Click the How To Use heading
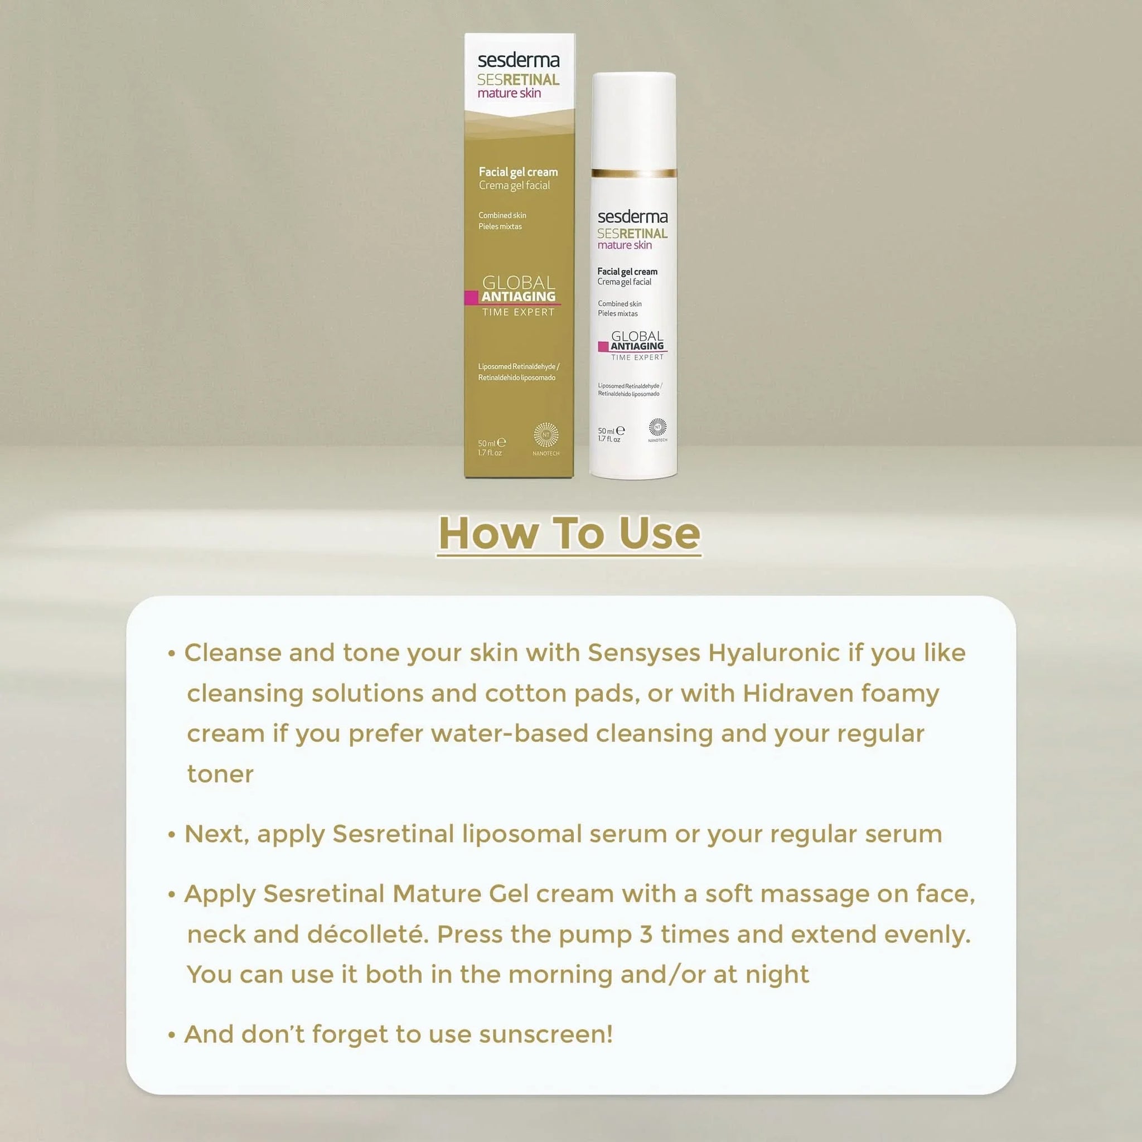569,533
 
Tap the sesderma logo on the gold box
518,60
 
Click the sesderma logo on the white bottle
632,217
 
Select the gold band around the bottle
633,173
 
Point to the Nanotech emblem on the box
545,435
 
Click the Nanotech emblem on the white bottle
657,427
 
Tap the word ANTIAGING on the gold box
519,297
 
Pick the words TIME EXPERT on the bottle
637,357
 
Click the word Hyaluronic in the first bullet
774,652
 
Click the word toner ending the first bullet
220,774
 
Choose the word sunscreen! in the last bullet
545,1034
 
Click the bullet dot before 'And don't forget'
172,1035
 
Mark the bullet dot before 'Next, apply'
172,835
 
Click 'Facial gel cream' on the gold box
518,172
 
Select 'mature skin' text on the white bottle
624,245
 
